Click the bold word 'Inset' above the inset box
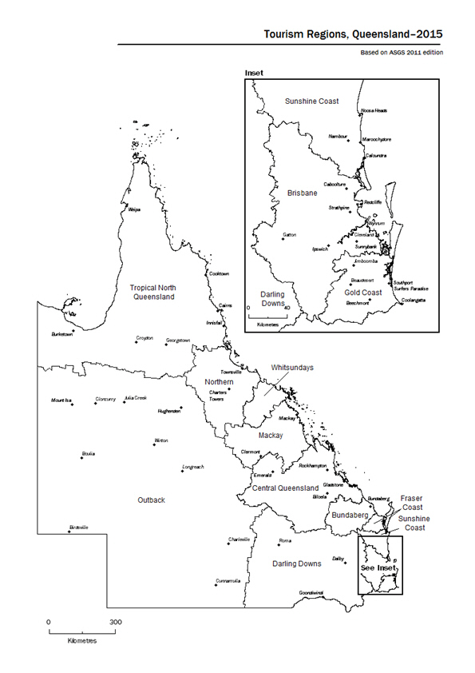(253, 73)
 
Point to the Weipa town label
(134, 206)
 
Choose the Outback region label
(151, 500)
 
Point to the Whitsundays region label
(292, 367)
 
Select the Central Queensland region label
(285, 488)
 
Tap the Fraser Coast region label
(412, 502)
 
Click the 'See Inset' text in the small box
(378, 567)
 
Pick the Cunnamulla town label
(228, 580)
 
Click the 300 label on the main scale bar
(115, 621)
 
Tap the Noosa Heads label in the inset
(374, 110)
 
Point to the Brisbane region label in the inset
(303, 193)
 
